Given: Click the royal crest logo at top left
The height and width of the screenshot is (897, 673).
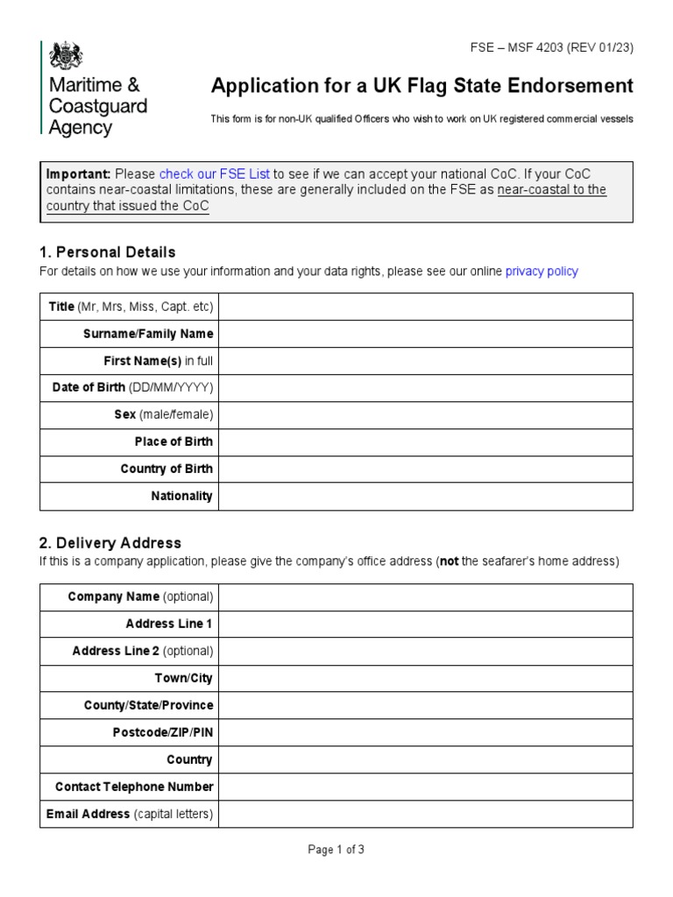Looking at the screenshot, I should point(66,57).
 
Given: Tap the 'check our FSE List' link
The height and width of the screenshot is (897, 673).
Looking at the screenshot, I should point(215,173).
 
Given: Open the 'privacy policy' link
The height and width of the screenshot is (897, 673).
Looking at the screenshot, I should point(542,272).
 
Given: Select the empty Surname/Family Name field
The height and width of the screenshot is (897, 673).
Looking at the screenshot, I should point(425,334).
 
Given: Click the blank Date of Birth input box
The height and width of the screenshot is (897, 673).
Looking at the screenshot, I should point(425,388).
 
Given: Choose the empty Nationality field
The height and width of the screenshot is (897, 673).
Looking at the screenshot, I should point(425,497).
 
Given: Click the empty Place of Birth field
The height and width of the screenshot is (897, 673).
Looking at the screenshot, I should point(425,442).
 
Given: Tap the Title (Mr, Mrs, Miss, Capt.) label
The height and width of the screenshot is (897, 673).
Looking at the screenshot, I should point(131,307).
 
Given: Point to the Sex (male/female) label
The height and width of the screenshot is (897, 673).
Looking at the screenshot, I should point(163,415).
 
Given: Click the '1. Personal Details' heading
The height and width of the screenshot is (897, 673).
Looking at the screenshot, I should point(108,252).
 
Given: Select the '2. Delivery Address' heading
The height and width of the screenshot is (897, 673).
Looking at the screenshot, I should point(110,543).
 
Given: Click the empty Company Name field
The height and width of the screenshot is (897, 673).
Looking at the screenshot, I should point(425,597).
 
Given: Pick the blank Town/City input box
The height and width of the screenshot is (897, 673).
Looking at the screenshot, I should point(425,679).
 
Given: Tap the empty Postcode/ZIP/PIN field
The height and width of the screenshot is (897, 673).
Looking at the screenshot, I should point(425,733).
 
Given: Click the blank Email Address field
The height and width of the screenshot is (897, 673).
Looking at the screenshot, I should point(425,815).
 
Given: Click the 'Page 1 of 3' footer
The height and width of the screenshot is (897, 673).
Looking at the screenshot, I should point(336,850).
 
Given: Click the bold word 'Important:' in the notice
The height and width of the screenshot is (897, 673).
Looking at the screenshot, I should point(78,173).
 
